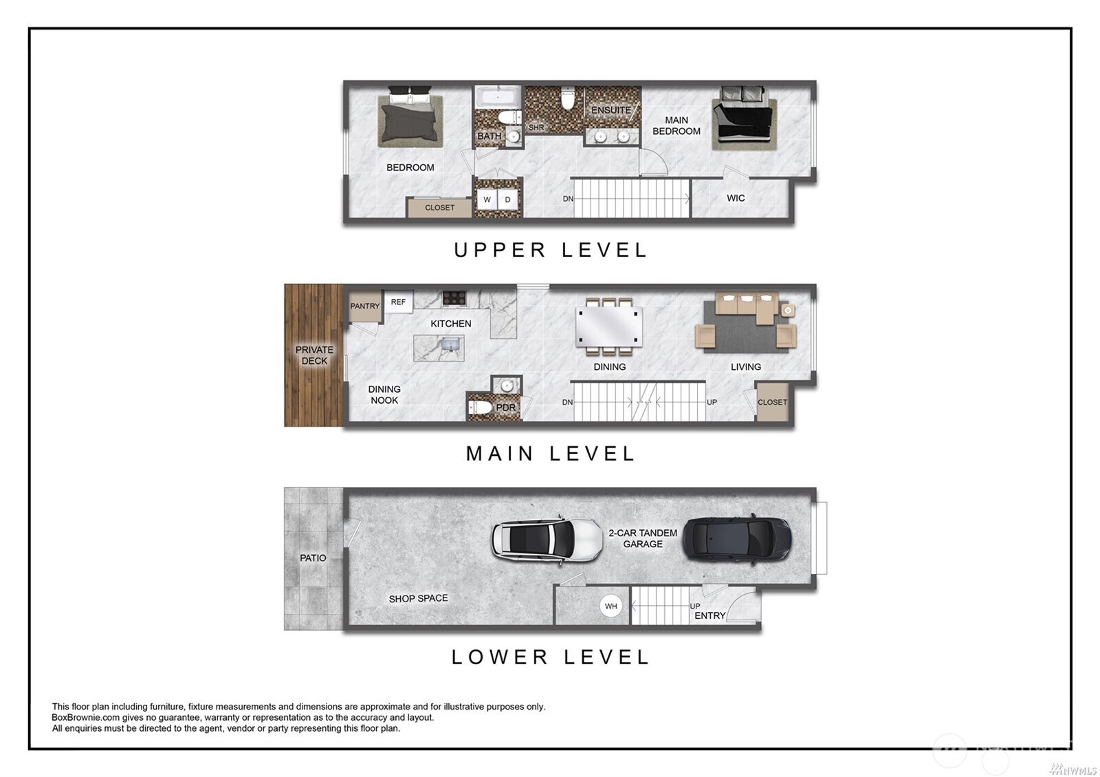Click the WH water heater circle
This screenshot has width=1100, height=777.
(x=610, y=606)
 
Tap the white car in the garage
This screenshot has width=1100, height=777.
(x=547, y=538)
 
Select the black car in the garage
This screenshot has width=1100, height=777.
(x=736, y=538)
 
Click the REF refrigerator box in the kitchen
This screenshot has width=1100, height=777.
(x=398, y=302)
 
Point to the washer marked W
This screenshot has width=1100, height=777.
(x=487, y=199)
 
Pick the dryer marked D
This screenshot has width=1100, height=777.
(x=508, y=199)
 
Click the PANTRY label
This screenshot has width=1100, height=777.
(x=365, y=306)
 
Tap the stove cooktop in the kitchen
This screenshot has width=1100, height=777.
(x=454, y=298)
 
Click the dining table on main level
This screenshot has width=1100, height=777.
(x=608, y=327)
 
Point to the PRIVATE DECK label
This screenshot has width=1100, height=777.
(x=314, y=355)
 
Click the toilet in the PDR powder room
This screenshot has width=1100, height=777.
(x=482, y=408)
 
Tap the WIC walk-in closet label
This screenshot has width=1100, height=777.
(x=736, y=198)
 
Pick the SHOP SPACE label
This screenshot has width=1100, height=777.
(x=418, y=598)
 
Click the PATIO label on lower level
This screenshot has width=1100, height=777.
(x=313, y=558)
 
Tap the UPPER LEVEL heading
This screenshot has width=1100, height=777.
(x=550, y=250)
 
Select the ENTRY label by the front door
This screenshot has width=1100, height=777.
(x=709, y=615)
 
